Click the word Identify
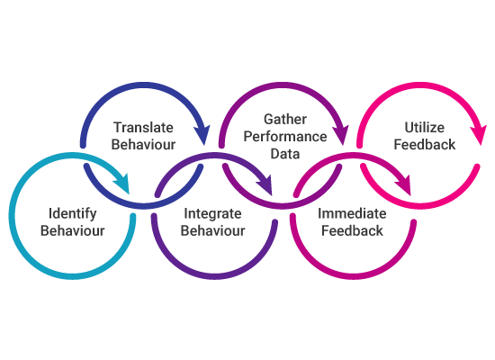[72, 214]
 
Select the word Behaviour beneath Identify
[72, 230]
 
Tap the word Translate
[143, 128]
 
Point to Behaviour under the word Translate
[143, 145]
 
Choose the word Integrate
[212, 214]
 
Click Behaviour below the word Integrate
[212, 230]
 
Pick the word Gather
[285, 120]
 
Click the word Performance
[285, 137]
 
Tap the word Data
[285, 154]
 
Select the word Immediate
[352, 214]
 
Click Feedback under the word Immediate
[352, 230]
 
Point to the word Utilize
[425, 128]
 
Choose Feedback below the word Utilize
[425, 145]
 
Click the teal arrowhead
[123, 184]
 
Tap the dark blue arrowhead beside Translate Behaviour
[202, 134]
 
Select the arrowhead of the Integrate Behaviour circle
[266, 185]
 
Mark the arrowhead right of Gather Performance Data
[341, 134]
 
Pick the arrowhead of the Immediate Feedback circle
[405, 185]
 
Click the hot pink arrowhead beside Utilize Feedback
[478, 135]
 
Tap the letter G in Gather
[268, 120]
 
